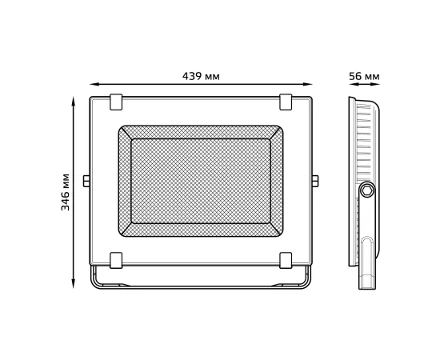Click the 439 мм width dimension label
201,76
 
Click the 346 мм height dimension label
66,190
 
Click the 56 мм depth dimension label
364,76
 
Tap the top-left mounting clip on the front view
116,102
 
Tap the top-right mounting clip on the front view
286,102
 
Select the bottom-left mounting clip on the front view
116,260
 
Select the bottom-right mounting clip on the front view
286,260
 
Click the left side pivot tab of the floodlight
86,181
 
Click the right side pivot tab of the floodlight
315,181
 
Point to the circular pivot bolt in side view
367,190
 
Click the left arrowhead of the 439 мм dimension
91,83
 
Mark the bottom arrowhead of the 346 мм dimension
74,286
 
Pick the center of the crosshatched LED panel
201,181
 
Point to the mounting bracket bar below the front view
201,286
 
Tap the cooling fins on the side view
365,140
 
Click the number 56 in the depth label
355,76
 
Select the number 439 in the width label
192,76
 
